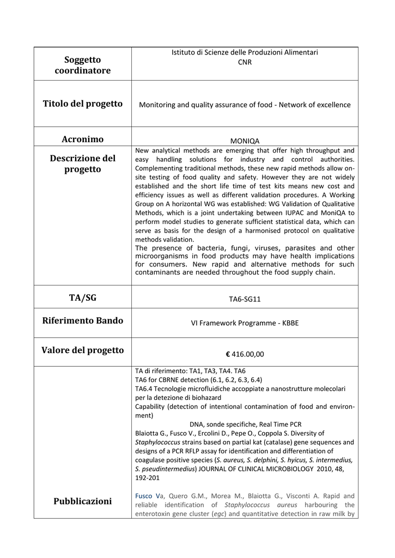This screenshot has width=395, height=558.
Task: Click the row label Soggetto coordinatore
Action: (x=82, y=65)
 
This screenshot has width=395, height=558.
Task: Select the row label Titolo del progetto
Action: (x=82, y=104)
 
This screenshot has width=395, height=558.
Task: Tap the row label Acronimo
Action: (x=82, y=139)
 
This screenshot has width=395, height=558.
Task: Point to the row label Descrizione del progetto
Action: (x=82, y=163)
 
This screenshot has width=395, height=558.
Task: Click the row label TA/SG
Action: (x=82, y=298)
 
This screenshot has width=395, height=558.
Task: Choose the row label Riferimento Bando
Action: (x=82, y=320)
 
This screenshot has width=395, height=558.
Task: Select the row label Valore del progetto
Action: (x=82, y=350)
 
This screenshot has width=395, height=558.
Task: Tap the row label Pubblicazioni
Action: (x=82, y=501)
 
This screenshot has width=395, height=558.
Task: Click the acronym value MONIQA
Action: (x=245, y=141)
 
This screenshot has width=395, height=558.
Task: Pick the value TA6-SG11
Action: (x=245, y=299)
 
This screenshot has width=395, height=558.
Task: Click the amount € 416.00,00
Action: (x=245, y=354)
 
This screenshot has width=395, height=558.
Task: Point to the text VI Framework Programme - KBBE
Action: (x=245, y=323)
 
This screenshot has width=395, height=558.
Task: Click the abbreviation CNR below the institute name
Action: (x=245, y=62)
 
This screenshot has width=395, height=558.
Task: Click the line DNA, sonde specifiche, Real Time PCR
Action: (x=245, y=424)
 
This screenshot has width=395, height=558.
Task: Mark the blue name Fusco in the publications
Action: (x=144, y=496)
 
